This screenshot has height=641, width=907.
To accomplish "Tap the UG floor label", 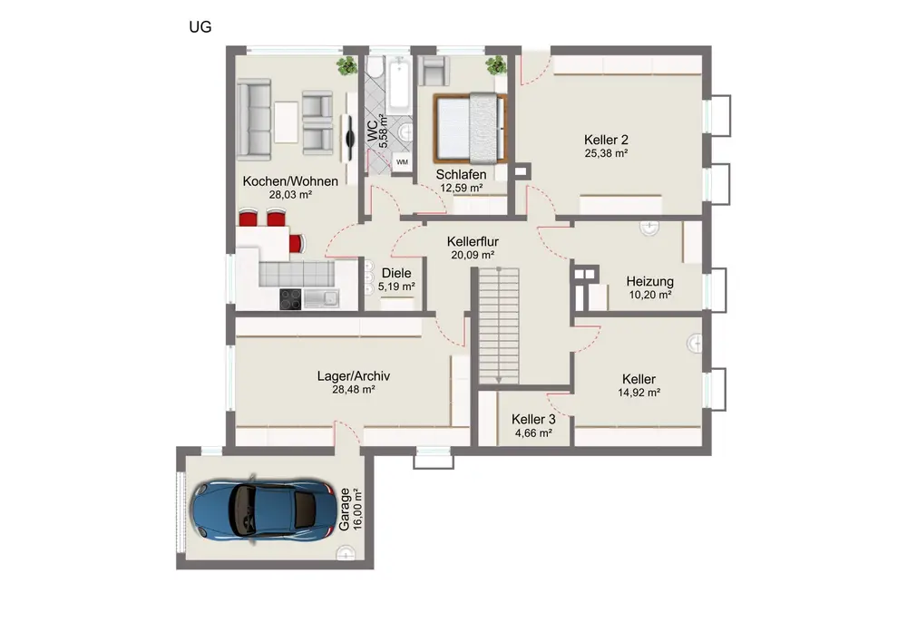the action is pyautogui.click(x=200, y=27).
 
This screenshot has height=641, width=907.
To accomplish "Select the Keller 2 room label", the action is pyautogui.click(x=606, y=140).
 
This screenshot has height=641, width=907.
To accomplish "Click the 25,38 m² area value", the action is pyautogui.click(x=606, y=153).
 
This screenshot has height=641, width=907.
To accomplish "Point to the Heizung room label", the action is pyautogui.click(x=649, y=281).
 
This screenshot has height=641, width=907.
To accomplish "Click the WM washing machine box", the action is pyautogui.click(x=402, y=162).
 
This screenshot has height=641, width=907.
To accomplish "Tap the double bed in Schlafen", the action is pyautogui.click(x=470, y=128).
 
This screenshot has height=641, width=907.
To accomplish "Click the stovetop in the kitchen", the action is pyautogui.click(x=290, y=299).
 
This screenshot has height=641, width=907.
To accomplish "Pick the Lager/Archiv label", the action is pyautogui.click(x=354, y=375).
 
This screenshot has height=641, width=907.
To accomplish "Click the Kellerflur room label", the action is pyautogui.click(x=473, y=241).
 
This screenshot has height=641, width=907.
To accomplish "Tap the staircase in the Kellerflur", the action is pyautogui.click(x=499, y=325).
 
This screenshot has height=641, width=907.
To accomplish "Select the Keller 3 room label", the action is pyautogui.click(x=533, y=419).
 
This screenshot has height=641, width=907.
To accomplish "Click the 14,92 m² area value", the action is pyautogui.click(x=639, y=393).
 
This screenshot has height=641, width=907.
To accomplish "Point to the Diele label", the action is pyautogui.click(x=396, y=273).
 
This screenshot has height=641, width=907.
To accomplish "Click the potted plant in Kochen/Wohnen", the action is pyautogui.click(x=347, y=66).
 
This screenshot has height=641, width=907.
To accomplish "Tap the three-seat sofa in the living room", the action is pyautogui.click(x=254, y=120).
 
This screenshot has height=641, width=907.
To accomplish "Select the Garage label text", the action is pyautogui.click(x=345, y=510).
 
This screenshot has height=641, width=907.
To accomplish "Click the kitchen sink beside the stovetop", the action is pyautogui.click(x=322, y=298).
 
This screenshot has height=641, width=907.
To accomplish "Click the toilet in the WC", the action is pyautogui.click(x=375, y=67).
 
